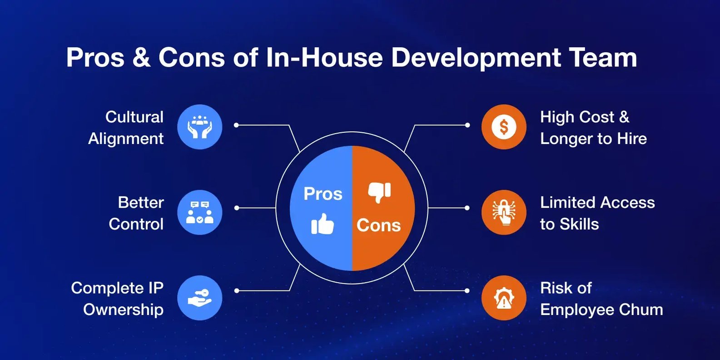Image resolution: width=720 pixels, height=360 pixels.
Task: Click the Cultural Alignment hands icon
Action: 199,127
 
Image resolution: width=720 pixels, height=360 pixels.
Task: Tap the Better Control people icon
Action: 199,212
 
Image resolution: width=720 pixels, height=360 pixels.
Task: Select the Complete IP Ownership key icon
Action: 199,298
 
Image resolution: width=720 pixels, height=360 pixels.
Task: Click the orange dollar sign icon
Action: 504,127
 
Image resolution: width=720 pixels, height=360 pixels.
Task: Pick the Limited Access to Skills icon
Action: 504,212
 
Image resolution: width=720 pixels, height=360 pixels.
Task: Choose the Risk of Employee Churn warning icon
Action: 504,298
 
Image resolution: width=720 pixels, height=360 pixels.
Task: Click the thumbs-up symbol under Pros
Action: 323,224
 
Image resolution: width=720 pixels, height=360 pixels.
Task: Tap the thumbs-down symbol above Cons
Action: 379,192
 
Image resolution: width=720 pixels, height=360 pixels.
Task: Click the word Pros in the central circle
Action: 323,194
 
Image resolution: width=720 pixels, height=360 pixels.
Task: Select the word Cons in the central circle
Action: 379,225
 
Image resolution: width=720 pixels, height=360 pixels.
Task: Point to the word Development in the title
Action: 476,58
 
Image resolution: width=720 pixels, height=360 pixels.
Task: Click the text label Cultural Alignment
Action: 126,128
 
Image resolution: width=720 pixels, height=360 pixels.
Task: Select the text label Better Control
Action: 136,213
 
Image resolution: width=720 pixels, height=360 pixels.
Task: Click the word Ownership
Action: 124,310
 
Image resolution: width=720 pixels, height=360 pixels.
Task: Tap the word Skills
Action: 579,224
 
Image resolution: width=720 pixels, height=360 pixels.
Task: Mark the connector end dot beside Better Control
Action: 237,208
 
